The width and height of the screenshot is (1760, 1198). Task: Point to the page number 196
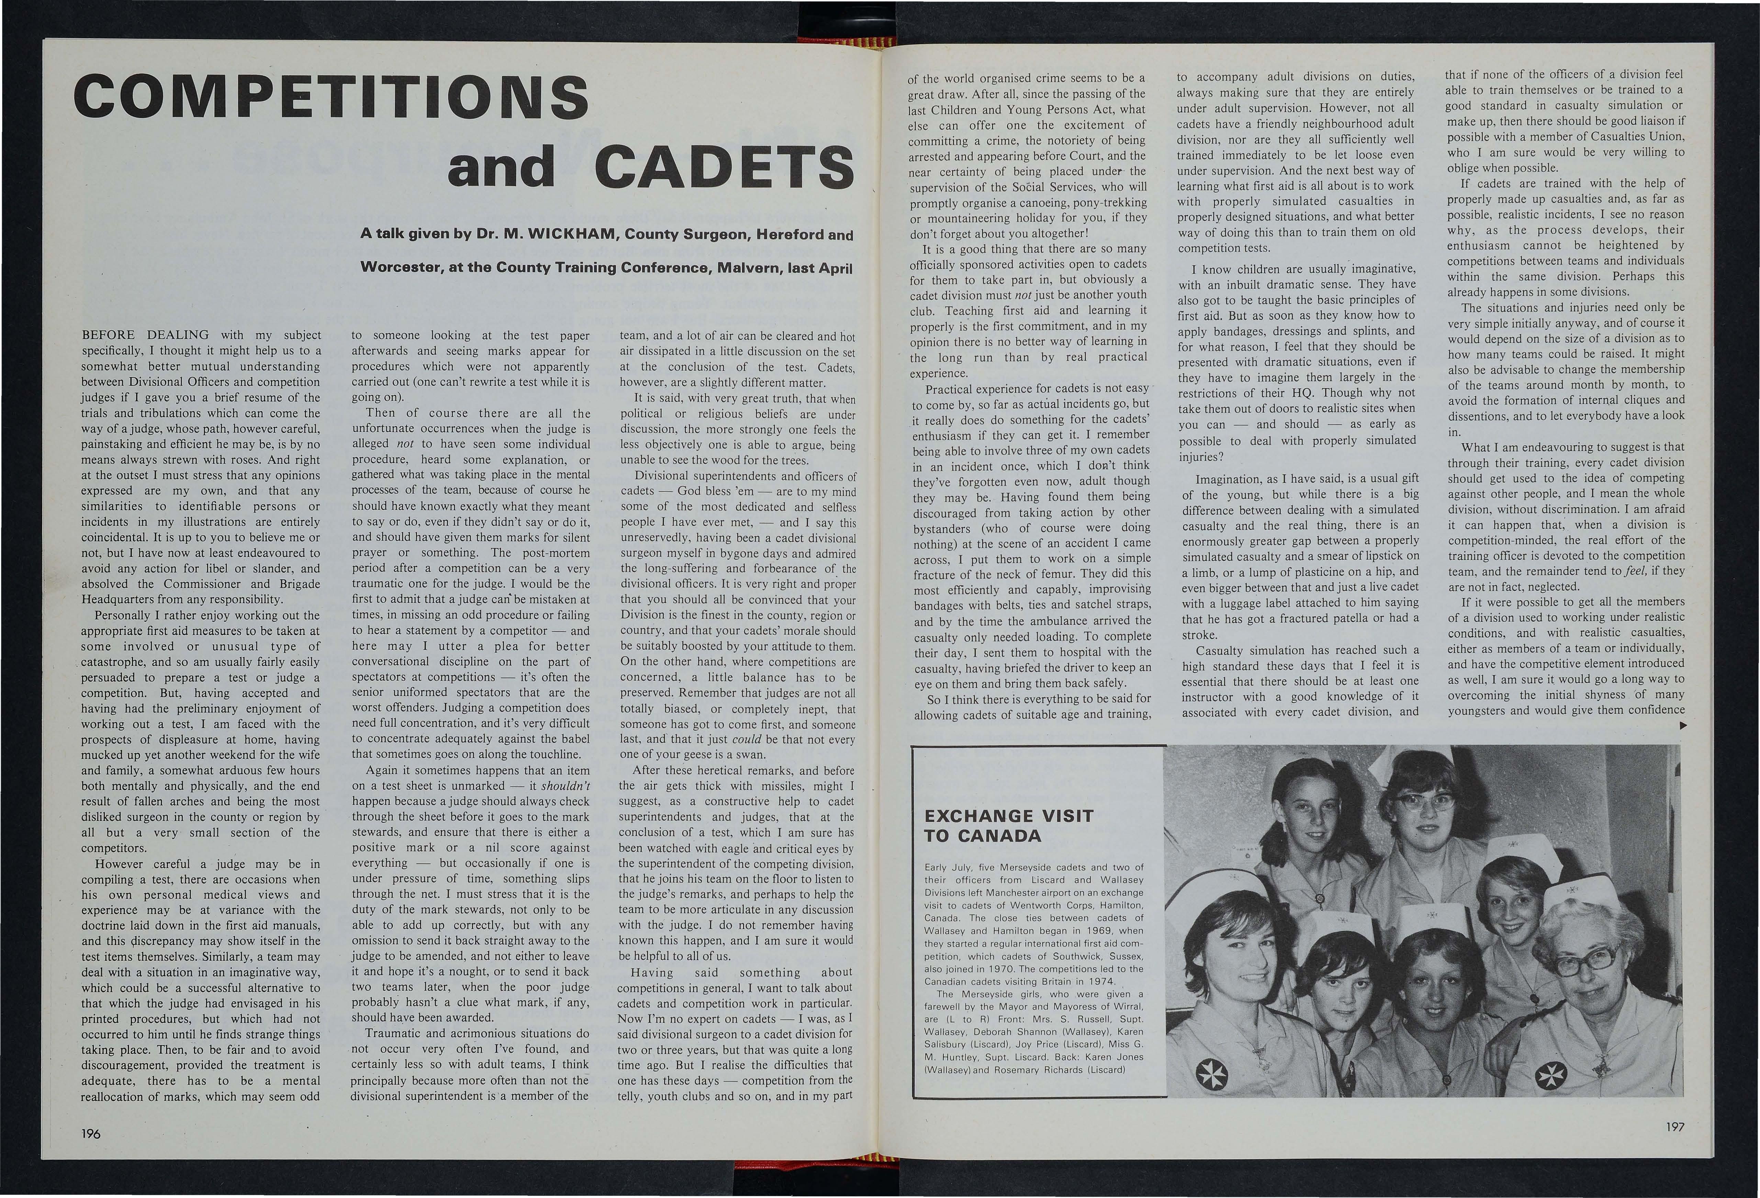pos(91,1134)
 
